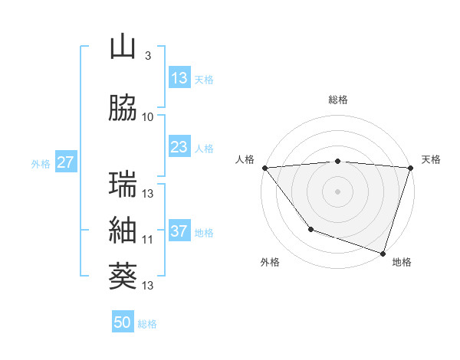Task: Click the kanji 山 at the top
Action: [x=123, y=47]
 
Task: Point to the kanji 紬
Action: [x=123, y=230]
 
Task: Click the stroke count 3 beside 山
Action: [x=147, y=56]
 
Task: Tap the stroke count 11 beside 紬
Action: [x=148, y=239]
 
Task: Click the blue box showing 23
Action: [x=179, y=148]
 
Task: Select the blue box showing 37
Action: [x=179, y=232]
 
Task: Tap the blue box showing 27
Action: [x=65, y=162]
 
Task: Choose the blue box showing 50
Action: [x=123, y=322]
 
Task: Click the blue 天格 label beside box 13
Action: [x=204, y=79]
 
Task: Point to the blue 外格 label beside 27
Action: [x=41, y=163]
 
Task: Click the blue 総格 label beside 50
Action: [x=148, y=324]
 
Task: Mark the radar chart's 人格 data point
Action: [x=264, y=168]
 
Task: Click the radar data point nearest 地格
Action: [x=383, y=252]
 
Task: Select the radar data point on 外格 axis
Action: [x=310, y=229]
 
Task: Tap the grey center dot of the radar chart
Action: [x=337, y=191]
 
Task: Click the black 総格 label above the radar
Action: [x=337, y=100]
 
